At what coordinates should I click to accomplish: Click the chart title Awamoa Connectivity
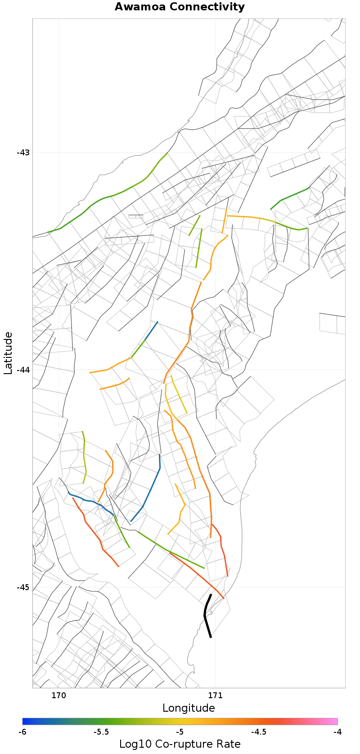[180, 7]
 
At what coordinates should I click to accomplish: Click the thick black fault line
[206, 615]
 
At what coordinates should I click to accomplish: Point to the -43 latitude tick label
[23, 152]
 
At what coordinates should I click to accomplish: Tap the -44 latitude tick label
[23, 370]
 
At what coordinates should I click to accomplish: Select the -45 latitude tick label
[23, 587]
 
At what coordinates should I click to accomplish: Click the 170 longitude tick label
[58, 695]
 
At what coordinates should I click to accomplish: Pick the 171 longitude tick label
[215, 695]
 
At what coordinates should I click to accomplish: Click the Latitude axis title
[8, 353]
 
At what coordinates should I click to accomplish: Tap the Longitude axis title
[189, 708]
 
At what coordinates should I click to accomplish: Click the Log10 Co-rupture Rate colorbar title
[180, 744]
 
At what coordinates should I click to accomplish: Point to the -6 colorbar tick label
[22, 732]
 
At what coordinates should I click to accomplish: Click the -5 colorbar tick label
[180, 732]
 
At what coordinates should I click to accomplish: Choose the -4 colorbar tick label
[337, 732]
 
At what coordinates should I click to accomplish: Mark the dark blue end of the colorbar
[26, 721]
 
